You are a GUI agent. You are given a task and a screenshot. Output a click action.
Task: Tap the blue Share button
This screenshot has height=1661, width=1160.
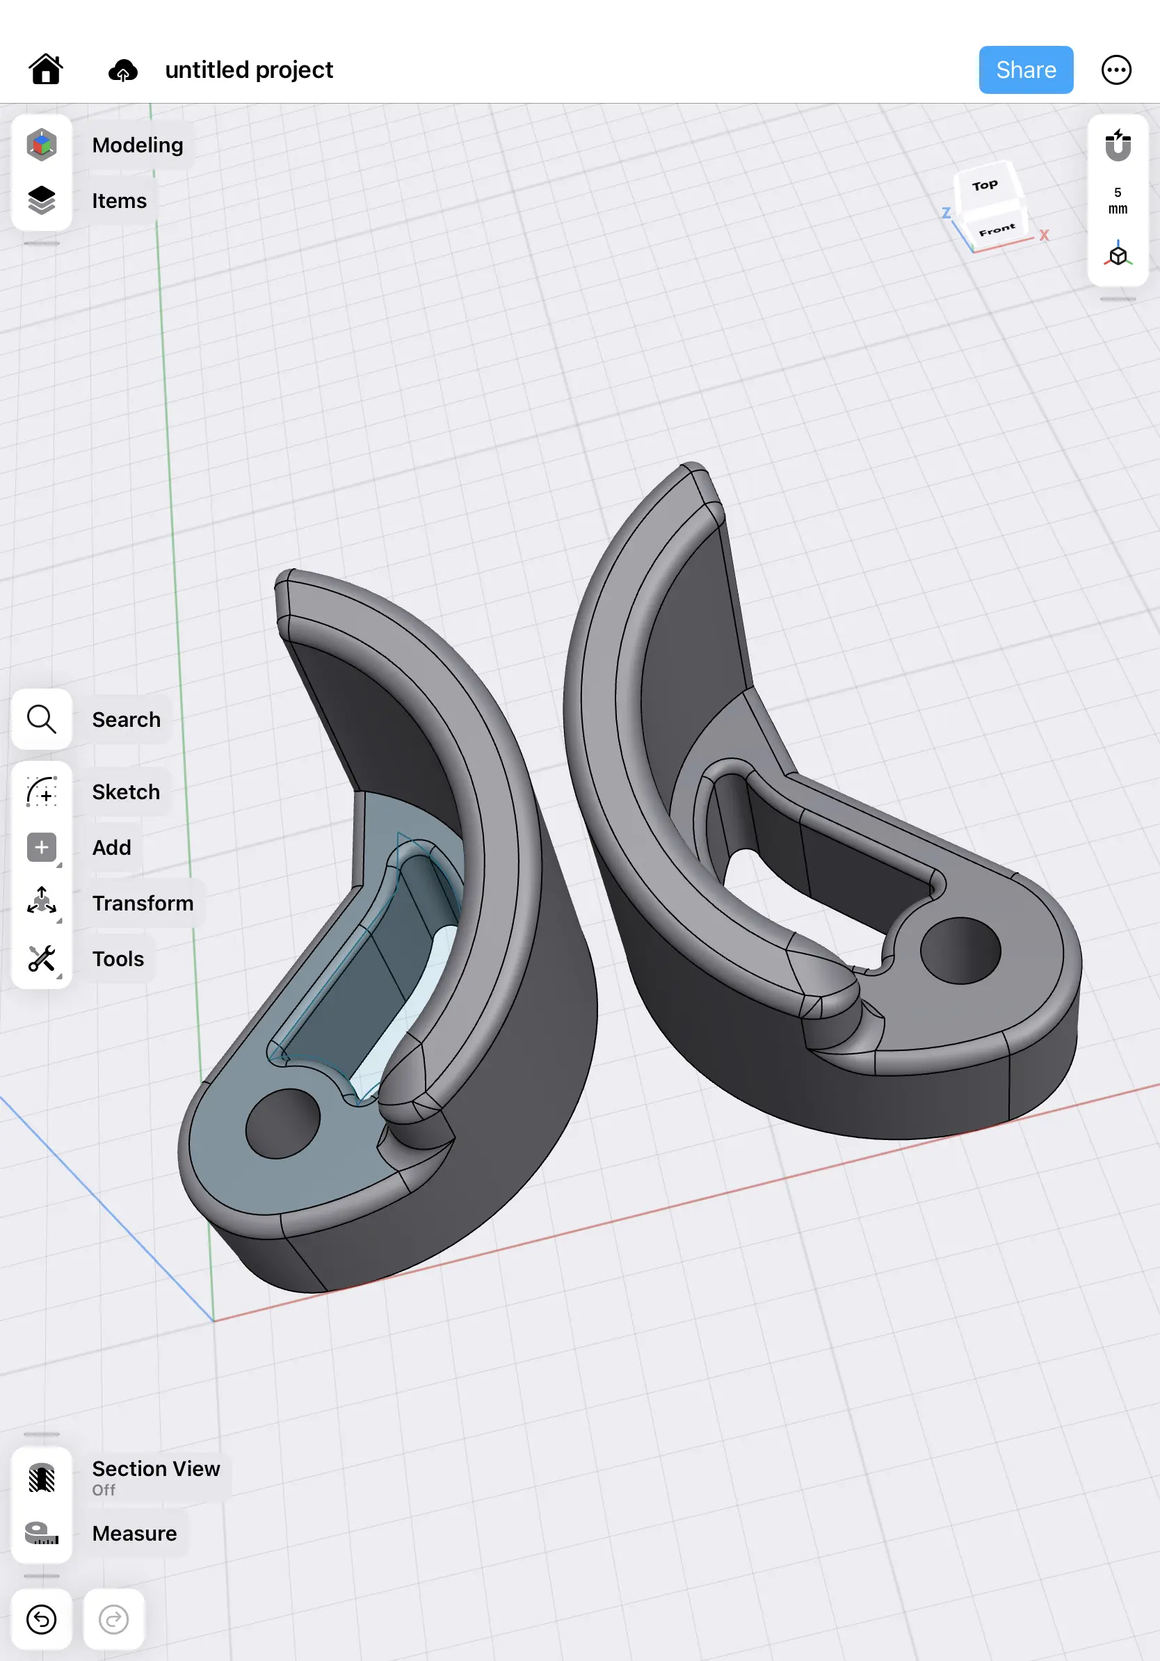tap(1025, 70)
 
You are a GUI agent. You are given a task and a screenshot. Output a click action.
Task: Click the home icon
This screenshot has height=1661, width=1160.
tap(46, 70)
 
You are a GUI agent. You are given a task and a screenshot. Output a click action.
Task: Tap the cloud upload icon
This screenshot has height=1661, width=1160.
tap(123, 70)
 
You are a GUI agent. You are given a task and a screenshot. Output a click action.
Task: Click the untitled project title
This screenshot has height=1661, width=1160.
tap(249, 70)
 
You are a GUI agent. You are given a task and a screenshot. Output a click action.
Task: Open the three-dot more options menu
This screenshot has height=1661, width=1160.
tap(1116, 70)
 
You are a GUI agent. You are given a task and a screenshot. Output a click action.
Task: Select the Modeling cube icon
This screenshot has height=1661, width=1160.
tap(42, 145)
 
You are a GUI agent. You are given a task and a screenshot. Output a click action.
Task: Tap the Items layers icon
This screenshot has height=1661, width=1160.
tap(42, 200)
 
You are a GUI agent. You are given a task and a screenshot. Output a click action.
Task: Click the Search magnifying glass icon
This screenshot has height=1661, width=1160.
tap(42, 719)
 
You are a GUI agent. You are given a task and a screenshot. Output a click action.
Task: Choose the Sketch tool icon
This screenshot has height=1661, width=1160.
tap(42, 792)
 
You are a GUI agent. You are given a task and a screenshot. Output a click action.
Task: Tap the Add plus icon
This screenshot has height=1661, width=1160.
tap(42, 847)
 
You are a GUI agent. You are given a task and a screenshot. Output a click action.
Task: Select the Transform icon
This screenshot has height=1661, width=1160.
tap(42, 903)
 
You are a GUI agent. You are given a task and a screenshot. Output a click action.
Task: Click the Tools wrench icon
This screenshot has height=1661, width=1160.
tap(42, 958)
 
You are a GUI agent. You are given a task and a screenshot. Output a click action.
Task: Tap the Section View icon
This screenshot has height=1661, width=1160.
tap(42, 1477)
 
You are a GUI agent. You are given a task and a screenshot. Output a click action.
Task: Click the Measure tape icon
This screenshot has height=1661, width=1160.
tap(42, 1533)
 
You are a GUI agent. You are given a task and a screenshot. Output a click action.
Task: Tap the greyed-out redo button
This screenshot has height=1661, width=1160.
tap(113, 1619)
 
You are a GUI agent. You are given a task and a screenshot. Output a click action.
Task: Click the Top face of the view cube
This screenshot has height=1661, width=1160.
tap(984, 186)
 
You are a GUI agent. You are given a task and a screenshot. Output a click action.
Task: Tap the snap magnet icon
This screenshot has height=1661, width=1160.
tap(1118, 145)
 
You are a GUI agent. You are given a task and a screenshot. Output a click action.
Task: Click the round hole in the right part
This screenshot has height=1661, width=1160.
tap(960, 950)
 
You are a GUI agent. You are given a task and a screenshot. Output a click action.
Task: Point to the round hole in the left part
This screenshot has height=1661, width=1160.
tap(283, 1123)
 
